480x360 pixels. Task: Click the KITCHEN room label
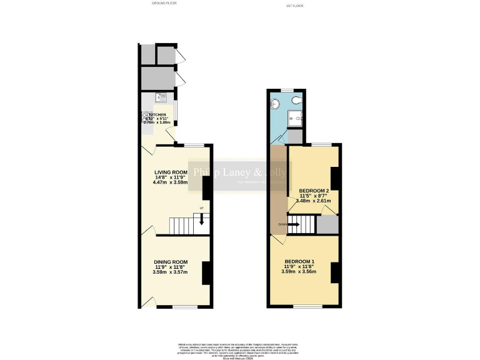(x=157, y=116)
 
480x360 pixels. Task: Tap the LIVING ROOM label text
(x=171, y=172)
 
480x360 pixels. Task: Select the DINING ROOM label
(x=171, y=262)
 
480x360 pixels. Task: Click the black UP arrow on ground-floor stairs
(x=201, y=219)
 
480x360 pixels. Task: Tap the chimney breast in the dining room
(x=206, y=272)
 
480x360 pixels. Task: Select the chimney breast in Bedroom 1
(x=335, y=272)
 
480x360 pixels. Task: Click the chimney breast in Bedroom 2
(x=334, y=178)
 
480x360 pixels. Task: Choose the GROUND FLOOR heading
(x=164, y=3)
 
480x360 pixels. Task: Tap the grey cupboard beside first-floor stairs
(x=327, y=224)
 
